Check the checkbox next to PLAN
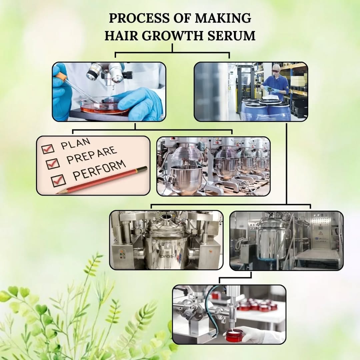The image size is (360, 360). (48, 149)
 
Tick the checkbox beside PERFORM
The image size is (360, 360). (58, 180)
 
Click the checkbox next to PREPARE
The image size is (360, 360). (53, 164)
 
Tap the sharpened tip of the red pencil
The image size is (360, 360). (57, 193)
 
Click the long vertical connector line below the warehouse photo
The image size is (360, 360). (287, 164)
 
